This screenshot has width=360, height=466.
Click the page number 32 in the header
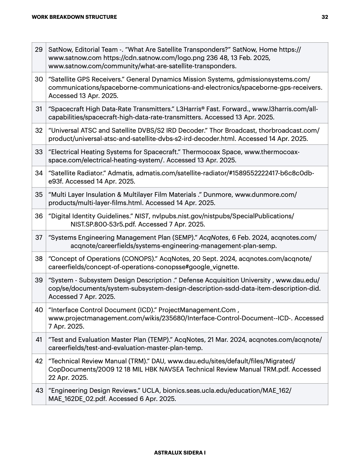325,17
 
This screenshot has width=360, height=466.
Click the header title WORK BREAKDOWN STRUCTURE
74,17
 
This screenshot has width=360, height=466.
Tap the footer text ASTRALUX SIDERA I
180,453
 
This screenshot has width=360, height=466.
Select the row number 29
39,49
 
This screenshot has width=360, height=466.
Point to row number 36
39,216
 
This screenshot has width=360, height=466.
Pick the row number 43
39,390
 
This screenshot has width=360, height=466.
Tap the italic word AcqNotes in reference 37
214,237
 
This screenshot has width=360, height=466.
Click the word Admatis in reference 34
122,173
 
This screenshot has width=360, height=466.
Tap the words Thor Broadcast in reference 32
233,130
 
